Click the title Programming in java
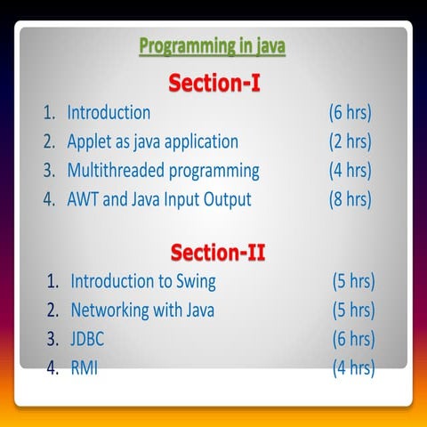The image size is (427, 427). click(212, 47)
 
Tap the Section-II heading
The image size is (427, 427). click(218, 252)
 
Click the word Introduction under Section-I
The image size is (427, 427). click(109, 113)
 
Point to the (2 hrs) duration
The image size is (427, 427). click(350, 141)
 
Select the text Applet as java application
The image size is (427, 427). click(153, 141)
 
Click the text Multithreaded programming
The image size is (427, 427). click(164, 170)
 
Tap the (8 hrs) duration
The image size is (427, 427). click(350, 198)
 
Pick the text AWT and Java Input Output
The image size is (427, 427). click(159, 198)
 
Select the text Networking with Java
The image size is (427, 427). click(142, 310)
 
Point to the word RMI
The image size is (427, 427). click(85, 367)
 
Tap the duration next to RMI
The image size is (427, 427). click(353, 367)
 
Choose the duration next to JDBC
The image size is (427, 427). click(353, 339)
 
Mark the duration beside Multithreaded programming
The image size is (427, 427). click(350, 170)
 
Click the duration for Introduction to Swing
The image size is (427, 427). click(353, 282)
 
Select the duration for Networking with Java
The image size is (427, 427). click(353, 310)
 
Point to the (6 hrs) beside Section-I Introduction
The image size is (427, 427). click(350, 113)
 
